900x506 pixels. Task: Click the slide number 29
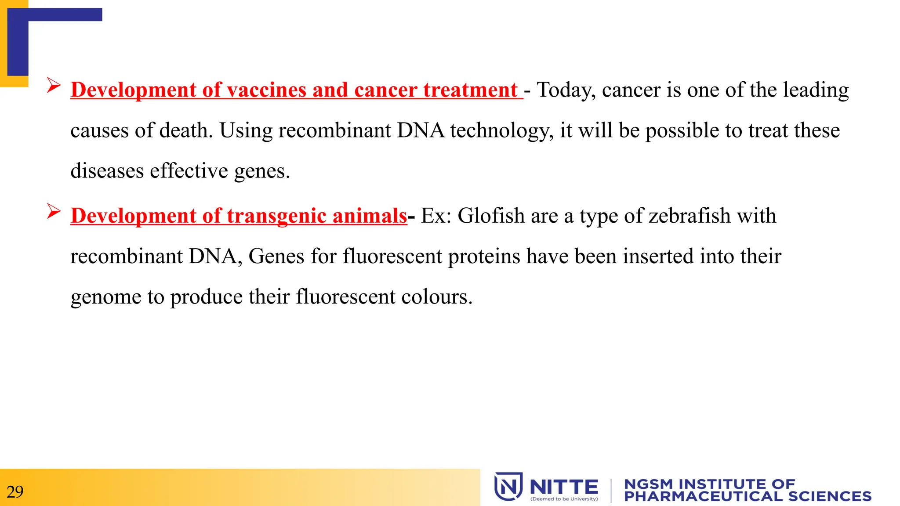[x=15, y=492]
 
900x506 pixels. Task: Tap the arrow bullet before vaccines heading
[x=54, y=85]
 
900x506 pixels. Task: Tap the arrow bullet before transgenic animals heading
[x=54, y=211]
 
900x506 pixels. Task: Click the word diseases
[x=107, y=171]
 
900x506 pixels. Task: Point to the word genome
[x=105, y=297]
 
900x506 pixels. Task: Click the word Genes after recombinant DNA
[x=276, y=257]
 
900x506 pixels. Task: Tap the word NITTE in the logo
[x=564, y=487]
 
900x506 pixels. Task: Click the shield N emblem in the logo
[x=508, y=486]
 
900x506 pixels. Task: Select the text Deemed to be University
[x=564, y=499]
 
